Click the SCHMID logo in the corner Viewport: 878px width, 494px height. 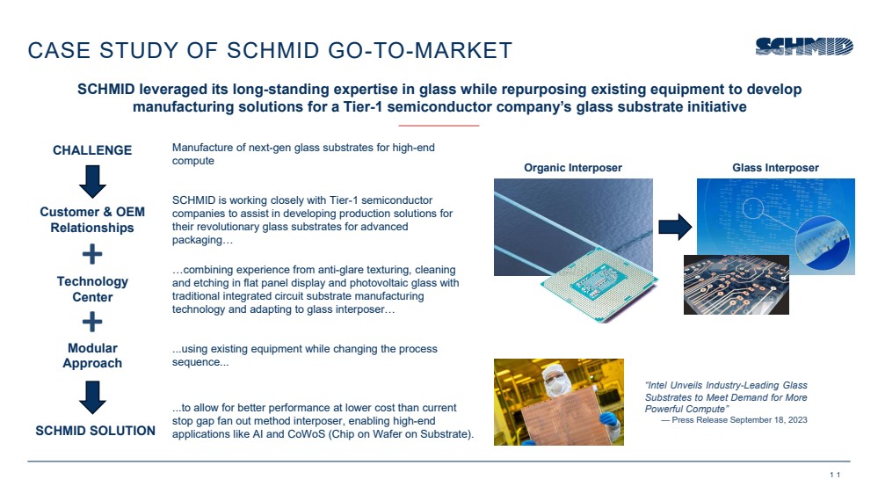[x=804, y=47]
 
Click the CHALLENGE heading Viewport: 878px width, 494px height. [x=92, y=150]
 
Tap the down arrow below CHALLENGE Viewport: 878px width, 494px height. [x=92, y=181]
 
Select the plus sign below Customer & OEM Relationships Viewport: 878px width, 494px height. [x=92, y=254]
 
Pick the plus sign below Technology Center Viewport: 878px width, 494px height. [x=92, y=322]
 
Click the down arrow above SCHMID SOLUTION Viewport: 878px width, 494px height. [x=92, y=397]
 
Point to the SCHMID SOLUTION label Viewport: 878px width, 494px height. [x=95, y=431]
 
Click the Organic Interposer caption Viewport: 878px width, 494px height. [x=573, y=168]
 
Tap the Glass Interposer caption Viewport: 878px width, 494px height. [x=775, y=168]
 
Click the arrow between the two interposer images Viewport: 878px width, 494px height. [x=675, y=227]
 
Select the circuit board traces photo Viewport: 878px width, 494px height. [x=737, y=285]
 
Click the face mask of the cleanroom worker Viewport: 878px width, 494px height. [x=555, y=386]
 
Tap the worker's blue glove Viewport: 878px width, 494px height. [x=608, y=419]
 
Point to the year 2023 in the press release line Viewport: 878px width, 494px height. [x=797, y=420]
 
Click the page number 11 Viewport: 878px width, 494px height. [x=835, y=475]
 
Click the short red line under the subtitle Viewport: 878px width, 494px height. [x=439, y=126]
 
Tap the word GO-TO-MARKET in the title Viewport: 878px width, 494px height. [x=420, y=50]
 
